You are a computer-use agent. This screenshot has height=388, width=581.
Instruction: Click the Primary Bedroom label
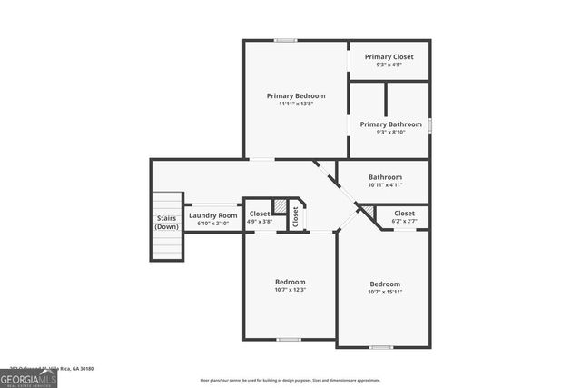(295, 95)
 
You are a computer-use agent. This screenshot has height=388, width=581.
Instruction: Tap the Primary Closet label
(389, 57)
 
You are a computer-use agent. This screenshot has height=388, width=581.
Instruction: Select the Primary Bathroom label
(390, 124)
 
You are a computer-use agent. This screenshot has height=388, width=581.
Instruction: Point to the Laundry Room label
(212, 215)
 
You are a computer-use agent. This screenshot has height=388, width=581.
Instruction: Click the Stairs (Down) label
(166, 222)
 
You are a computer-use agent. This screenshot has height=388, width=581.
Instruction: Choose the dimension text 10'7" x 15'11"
(384, 292)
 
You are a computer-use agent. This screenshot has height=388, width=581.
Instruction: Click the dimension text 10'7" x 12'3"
(290, 290)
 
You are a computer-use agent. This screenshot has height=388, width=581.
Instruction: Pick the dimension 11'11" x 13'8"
(295, 104)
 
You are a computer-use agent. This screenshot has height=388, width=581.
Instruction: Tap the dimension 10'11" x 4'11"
(385, 185)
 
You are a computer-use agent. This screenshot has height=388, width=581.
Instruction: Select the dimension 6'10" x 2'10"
(212, 223)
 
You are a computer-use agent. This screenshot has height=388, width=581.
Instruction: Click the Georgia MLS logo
(28, 378)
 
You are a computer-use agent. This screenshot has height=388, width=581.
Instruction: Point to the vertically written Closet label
(295, 216)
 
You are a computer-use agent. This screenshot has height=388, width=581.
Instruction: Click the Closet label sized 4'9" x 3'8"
(259, 214)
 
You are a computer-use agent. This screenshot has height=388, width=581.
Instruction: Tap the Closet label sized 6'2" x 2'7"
(404, 214)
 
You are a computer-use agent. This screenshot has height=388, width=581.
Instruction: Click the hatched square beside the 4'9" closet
(281, 206)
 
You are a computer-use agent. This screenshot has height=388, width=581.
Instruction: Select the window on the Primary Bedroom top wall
(286, 40)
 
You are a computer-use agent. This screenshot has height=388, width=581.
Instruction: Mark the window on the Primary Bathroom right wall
(429, 124)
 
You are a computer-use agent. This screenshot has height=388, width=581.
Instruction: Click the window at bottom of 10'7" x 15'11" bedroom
(381, 347)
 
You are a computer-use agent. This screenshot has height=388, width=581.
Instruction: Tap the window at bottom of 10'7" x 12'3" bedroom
(289, 339)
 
